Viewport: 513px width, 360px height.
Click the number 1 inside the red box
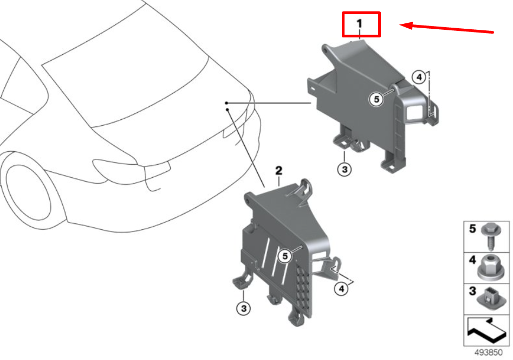pos(360,24)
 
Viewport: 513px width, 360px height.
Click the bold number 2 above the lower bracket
pos(279,170)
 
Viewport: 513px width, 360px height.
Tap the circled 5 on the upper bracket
pos(376,99)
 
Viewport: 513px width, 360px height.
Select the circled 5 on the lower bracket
pos(285,256)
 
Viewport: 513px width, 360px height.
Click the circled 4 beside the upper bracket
pos(419,78)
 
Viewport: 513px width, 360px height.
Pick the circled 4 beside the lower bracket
pos(342,288)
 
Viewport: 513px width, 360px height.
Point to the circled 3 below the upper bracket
pos(345,169)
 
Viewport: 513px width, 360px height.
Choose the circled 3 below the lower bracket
pos(244,308)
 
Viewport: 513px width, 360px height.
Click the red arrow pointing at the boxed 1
pos(446,29)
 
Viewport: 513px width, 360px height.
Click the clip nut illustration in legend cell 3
pos(489,298)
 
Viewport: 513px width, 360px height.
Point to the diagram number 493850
pos(488,352)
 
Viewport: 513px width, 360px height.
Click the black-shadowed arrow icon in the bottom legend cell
pos(485,331)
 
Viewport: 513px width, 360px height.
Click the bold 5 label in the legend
pos(472,229)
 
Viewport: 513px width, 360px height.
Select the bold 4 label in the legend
pos(472,260)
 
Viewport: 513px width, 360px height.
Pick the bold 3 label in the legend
pos(472,291)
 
